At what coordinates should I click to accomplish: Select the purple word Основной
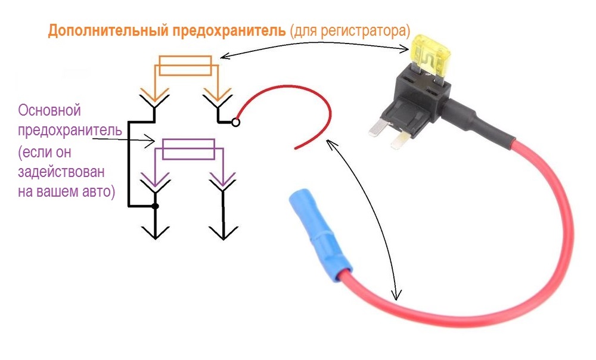point(49,111)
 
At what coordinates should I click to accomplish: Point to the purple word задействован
point(61,173)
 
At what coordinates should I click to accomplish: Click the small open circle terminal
point(236,123)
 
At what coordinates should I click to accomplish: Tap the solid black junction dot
point(155,206)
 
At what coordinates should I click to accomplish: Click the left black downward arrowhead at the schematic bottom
point(155,231)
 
